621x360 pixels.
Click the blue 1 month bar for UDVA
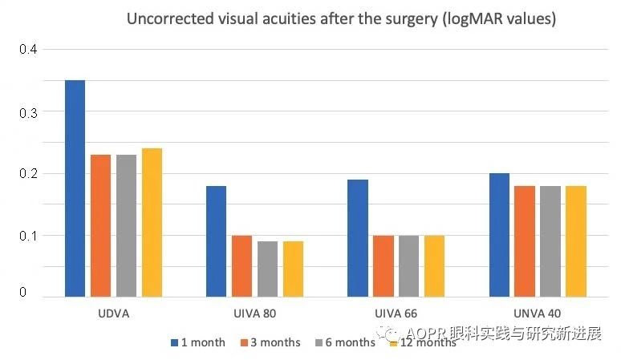(75, 188)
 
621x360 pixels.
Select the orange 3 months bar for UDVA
(100, 225)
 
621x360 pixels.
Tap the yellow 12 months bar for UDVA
(152, 222)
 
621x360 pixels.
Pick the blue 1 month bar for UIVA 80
(216, 241)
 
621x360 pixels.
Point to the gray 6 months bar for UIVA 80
(267, 269)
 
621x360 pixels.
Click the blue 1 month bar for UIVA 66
(357, 238)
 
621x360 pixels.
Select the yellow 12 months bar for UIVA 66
(434, 265)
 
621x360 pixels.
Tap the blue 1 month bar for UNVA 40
(498, 235)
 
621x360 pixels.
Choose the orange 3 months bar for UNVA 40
(524, 241)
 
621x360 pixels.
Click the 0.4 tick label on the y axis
(28, 50)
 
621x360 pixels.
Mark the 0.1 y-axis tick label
(28, 235)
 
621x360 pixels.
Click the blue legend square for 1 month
(173, 343)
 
